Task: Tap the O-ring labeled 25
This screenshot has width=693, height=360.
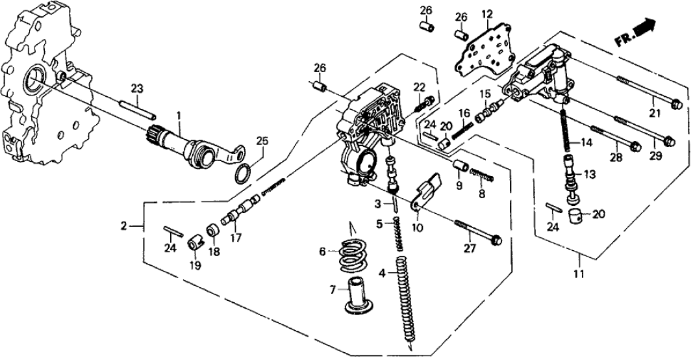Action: tap(244, 174)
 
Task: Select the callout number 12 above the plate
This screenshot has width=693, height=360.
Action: tap(487, 13)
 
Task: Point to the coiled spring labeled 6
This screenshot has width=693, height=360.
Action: tap(352, 255)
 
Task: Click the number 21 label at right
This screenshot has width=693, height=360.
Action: tap(653, 114)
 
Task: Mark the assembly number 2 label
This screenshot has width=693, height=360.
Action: tap(123, 226)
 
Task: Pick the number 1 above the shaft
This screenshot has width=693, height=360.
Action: tap(180, 116)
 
